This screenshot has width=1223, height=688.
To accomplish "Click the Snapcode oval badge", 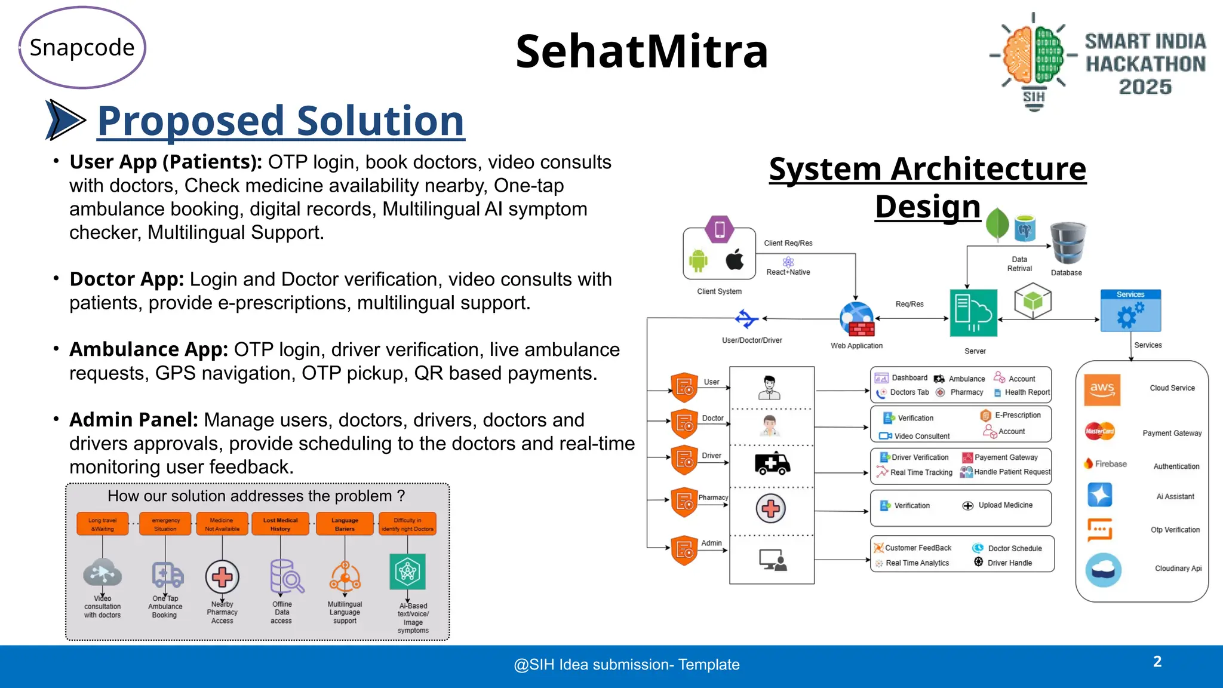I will point(82,48).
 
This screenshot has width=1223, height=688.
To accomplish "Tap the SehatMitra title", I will point(641,51).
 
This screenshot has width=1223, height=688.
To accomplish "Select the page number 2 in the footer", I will point(1157,662).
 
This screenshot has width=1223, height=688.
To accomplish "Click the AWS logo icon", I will point(1102,389).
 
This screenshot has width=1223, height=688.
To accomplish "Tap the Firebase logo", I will point(1105,464).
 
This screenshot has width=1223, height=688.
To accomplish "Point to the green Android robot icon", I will point(697,261).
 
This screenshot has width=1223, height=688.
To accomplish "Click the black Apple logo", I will point(735,260).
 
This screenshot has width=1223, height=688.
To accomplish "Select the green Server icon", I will point(973,313).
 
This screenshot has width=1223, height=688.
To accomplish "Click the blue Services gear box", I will point(1130,311).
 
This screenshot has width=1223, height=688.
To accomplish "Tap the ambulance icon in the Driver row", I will point(772,463).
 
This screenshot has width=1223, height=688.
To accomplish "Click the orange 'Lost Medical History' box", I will point(280,524).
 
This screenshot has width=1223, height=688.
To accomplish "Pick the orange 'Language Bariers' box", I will point(345,524).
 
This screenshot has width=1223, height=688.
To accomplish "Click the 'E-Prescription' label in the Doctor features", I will point(1018,415).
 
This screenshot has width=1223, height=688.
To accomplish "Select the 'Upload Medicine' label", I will point(1005,505).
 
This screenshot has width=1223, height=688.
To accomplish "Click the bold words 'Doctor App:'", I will point(127,279).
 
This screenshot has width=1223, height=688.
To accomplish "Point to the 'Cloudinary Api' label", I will point(1178,569).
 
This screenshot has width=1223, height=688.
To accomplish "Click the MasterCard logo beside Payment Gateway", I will point(1099,431).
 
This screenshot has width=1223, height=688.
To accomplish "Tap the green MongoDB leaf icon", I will point(997,225).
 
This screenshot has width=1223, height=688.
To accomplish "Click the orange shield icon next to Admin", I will point(684,550).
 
